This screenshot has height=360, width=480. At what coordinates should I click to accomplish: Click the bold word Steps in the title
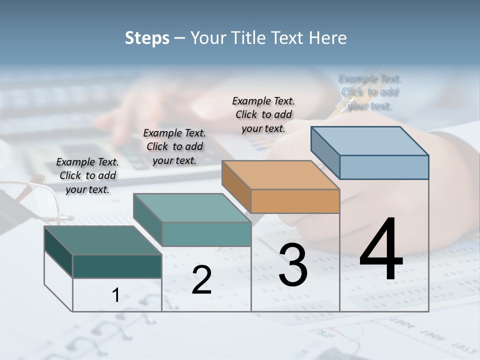point(147,38)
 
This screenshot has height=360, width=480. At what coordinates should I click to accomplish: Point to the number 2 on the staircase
point(201,280)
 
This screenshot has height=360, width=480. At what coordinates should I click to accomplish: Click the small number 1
point(115,295)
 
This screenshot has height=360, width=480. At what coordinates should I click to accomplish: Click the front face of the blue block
point(384,167)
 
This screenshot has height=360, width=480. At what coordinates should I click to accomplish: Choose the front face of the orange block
point(295,201)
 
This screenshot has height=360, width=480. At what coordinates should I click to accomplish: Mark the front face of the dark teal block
point(117,266)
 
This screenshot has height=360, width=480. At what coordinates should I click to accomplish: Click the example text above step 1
point(87,175)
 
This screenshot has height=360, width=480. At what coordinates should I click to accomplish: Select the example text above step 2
point(174,146)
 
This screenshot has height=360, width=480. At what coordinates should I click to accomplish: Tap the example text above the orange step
point(263,114)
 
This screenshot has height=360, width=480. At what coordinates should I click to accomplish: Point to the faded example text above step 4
point(370,92)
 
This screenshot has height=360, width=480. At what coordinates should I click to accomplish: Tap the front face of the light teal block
point(206,234)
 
